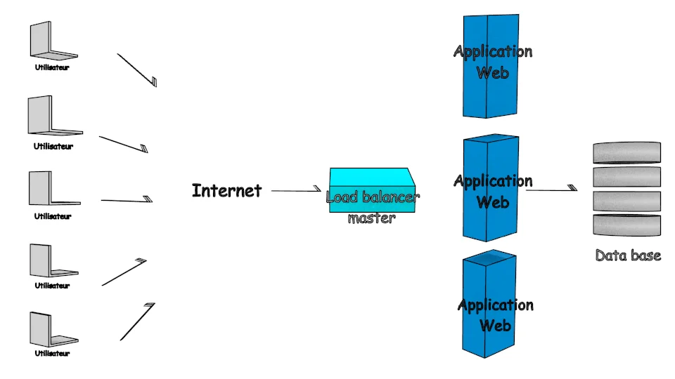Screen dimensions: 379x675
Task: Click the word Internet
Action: click(x=226, y=190)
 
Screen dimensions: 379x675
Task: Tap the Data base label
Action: click(x=628, y=255)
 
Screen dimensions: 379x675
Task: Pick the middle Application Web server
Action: click(x=491, y=189)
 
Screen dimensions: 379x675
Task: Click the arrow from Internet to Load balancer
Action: click(x=295, y=189)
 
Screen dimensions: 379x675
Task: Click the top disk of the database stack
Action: click(x=626, y=152)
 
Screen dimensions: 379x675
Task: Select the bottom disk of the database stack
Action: click(x=626, y=225)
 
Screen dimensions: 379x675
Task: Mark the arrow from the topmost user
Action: click(x=137, y=70)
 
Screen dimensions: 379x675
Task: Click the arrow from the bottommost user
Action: click(x=138, y=321)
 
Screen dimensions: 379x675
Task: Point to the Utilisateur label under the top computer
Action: click(x=52, y=68)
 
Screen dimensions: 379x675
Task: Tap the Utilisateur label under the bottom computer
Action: click(x=53, y=353)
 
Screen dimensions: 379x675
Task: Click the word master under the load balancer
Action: click(x=371, y=218)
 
